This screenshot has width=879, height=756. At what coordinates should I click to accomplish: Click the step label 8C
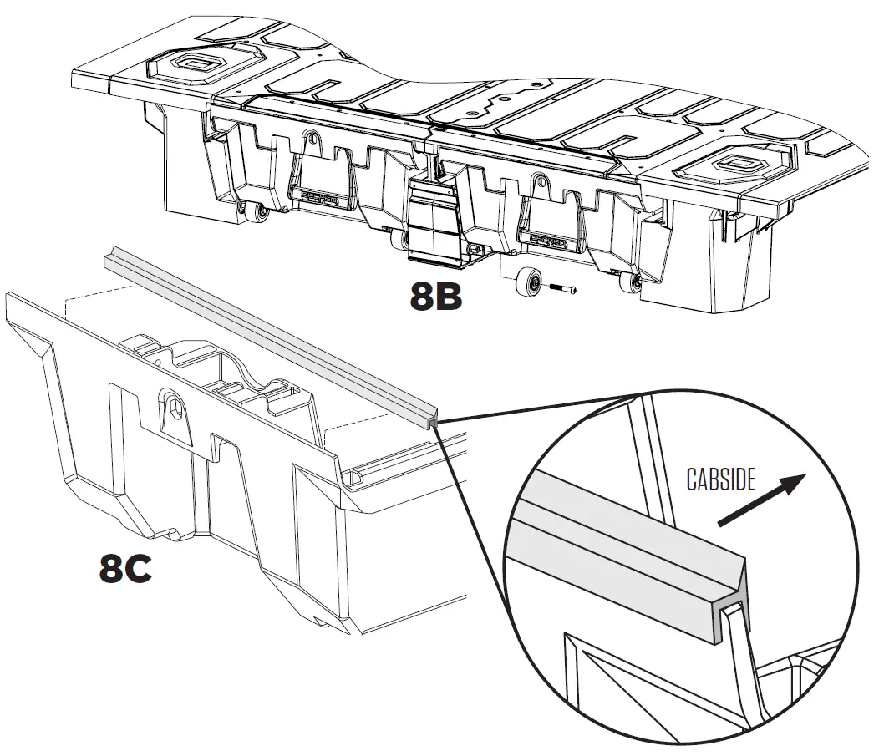tap(125, 570)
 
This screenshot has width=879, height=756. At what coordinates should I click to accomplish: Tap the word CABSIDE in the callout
tap(721, 479)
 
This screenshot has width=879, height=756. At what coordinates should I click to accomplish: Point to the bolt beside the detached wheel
tap(562, 288)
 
